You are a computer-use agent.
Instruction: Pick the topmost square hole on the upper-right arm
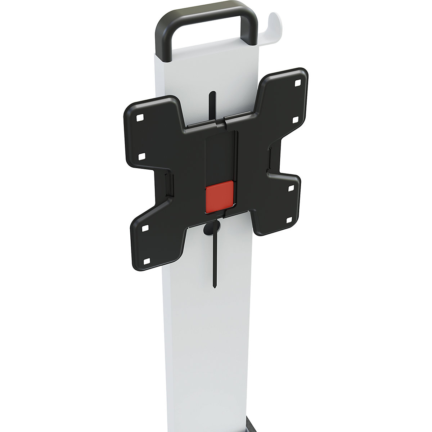tap(297, 82)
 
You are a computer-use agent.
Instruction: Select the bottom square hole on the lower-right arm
tap(289, 220)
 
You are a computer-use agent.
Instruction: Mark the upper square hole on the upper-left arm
tap(139, 117)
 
